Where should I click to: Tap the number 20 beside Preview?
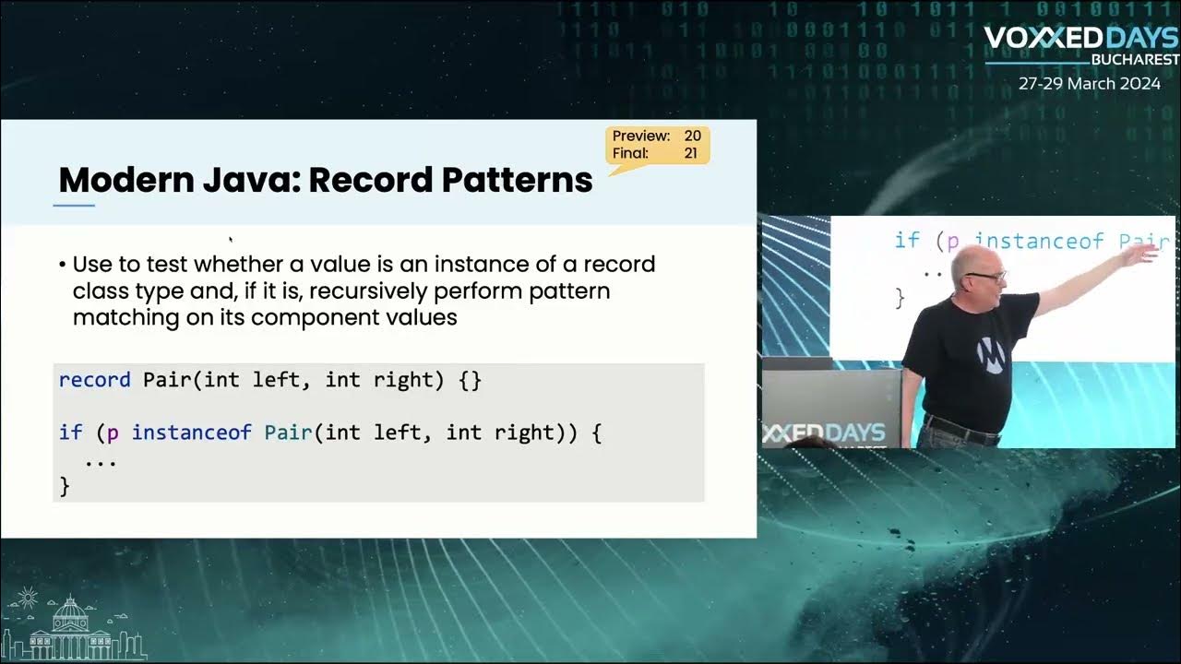pyautogui.click(x=692, y=136)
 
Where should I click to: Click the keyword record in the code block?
pyautogui.click(x=94, y=379)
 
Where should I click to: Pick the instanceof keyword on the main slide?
pyautogui.click(x=191, y=433)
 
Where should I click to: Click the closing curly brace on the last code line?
pyautogui.click(x=65, y=486)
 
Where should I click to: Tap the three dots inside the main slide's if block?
pyautogui.click(x=100, y=460)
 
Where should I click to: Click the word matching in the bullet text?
pyautogui.click(x=113, y=317)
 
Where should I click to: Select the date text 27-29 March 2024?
pyautogui.click(x=1089, y=83)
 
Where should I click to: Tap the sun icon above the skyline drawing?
pyautogui.click(x=27, y=599)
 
